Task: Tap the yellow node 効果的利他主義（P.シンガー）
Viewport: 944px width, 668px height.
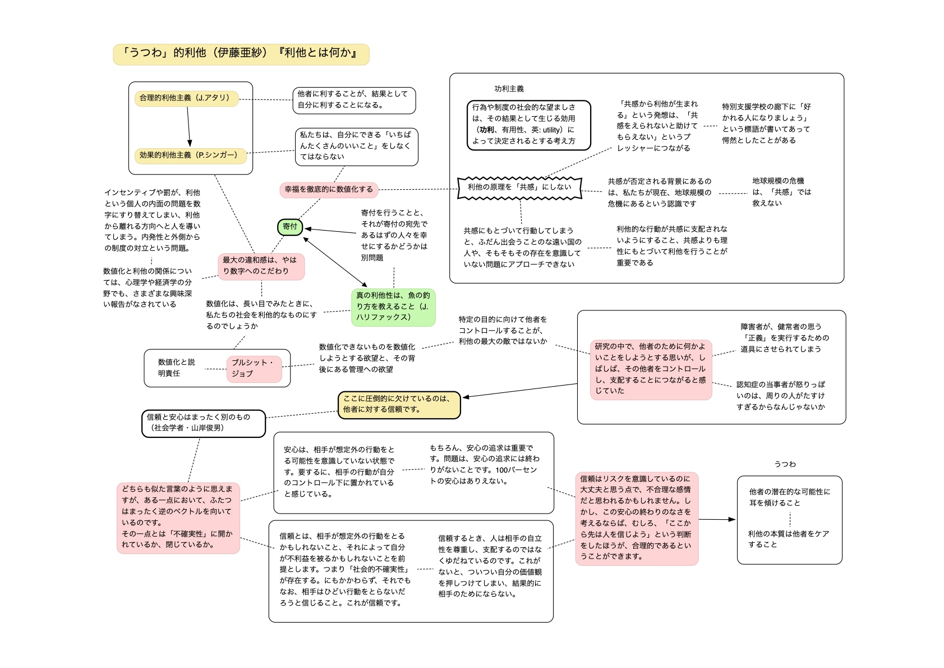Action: pos(190,155)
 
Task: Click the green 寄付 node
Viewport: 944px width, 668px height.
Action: pos(290,227)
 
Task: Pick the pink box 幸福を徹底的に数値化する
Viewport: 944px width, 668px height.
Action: pos(329,190)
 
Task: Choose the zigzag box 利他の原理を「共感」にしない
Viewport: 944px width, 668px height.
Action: pos(519,187)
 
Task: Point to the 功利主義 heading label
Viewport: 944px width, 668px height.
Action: pos(509,89)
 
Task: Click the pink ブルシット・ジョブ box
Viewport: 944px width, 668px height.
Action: pos(254,369)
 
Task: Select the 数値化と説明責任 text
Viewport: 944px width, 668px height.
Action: pos(176,368)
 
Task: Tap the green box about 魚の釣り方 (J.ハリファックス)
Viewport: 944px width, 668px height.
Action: pos(393,306)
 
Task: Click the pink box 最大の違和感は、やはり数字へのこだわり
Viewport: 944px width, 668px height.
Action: pos(261,266)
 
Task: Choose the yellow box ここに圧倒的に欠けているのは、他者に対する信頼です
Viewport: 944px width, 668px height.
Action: pos(399,405)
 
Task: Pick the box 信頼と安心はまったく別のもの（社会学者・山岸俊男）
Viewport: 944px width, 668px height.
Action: pos(203,423)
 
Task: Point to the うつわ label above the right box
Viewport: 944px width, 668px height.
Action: pos(785,464)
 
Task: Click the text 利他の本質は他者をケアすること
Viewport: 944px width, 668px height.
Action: pos(788,539)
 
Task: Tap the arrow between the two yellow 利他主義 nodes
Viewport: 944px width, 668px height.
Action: pos(188,127)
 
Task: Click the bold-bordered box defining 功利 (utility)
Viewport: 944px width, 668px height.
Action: pos(528,125)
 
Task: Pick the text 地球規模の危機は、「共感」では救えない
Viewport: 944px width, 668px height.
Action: pos(781,192)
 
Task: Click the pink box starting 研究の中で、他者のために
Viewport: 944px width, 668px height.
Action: pos(651,369)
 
